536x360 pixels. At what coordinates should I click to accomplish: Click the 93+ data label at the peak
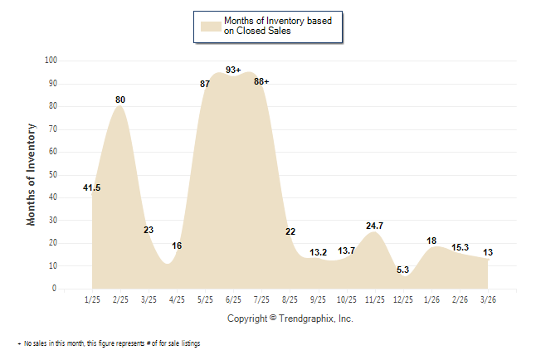coord(232,71)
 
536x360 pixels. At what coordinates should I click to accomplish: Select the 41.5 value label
coord(92,188)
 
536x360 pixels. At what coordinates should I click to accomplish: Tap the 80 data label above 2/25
coord(120,100)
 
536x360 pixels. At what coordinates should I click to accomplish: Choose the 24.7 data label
coord(374,226)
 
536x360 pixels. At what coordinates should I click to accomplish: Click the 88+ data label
coord(261,81)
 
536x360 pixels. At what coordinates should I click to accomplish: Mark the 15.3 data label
coord(460,247)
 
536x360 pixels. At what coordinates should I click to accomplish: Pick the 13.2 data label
coord(319,252)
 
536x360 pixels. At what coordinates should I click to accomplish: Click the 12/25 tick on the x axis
coord(402,299)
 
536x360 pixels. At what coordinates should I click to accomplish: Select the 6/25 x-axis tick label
coord(233,299)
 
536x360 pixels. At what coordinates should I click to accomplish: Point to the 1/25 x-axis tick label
coord(92,299)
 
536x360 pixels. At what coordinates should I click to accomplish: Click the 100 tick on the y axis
coord(51,61)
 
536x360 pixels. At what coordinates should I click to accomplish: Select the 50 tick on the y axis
coord(53,175)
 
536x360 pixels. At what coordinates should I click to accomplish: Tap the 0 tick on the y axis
coord(55,289)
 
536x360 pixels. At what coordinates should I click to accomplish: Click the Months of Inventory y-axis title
coord(32,174)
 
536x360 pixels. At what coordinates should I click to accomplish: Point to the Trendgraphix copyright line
coord(290,319)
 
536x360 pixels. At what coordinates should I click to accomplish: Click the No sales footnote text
coord(111,343)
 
